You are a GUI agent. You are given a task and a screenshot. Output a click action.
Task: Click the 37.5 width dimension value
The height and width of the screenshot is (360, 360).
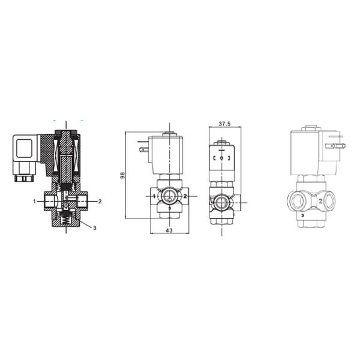click(224, 124)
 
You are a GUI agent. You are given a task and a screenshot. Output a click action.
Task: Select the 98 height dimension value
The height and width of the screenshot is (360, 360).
click(122, 175)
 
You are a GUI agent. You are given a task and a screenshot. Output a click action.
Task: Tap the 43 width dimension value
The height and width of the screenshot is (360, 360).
click(169, 230)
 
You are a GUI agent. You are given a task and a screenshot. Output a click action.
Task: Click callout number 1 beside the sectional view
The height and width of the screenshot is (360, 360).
click(34, 202)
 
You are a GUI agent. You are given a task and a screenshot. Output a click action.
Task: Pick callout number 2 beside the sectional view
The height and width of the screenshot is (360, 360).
click(100, 202)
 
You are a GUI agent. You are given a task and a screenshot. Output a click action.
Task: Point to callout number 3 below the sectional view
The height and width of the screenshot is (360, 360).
click(94, 228)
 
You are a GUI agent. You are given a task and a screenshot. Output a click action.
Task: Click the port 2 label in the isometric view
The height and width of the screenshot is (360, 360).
click(320, 202)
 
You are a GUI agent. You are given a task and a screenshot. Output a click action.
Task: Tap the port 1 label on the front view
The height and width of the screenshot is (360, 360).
click(154, 196)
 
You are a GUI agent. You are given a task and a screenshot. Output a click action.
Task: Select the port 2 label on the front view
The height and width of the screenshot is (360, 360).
click(185, 196)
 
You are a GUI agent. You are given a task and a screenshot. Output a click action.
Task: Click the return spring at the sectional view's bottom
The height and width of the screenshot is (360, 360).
click(65, 221)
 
